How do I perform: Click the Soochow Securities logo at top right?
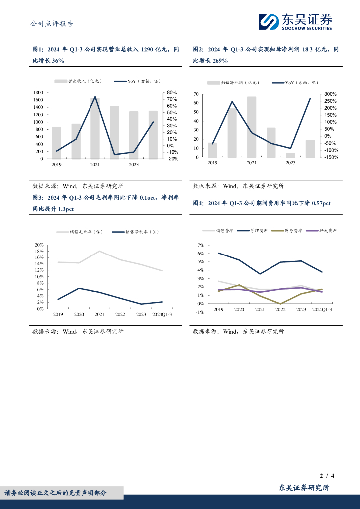point(295,21)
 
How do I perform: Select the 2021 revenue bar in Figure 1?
point(95,128)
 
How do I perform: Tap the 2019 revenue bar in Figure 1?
point(57,142)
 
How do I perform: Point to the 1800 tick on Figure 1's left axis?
point(38,93)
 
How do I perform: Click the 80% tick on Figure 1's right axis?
point(172,93)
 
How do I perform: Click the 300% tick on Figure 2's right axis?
point(331,94)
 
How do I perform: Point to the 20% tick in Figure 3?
point(39,245)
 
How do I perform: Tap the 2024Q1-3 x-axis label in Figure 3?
point(162,314)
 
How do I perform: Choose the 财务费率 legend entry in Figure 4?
point(288,231)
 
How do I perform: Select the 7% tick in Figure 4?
point(200,245)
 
